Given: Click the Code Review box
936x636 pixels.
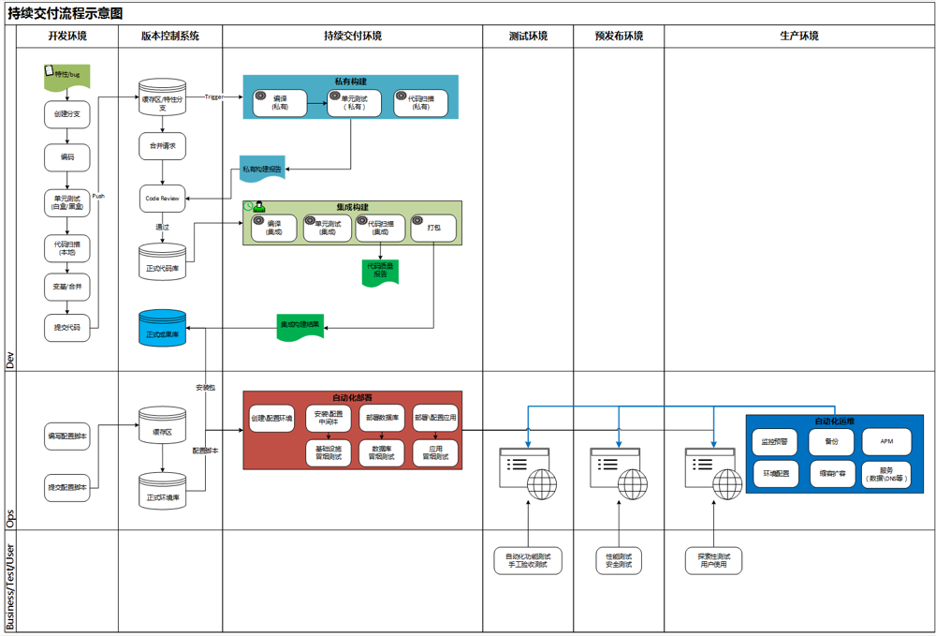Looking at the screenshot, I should pyautogui.click(x=163, y=198).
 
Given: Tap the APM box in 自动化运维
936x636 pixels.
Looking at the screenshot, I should pyautogui.click(x=886, y=441).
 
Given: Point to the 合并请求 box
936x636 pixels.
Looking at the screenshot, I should pyautogui.click(x=163, y=146).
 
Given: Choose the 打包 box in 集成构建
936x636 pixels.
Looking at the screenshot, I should pyautogui.click(x=433, y=228).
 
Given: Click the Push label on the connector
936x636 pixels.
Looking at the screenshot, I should pyautogui.click(x=99, y=196).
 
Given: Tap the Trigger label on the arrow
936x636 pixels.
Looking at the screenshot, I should pyautogui.click(x=214, y=96).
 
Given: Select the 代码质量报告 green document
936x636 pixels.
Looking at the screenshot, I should pyautogui.click(x=380, y=272).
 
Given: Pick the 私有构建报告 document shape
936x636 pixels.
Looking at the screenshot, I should pyautogui.click(x=262, y=170).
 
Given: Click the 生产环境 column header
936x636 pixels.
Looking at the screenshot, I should pyautogui.click(x=798, y=37).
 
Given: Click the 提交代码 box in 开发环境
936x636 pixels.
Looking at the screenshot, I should pyautogui.click(x=67, y=327).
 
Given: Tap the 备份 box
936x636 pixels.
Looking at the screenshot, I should pyautogui.click(x=831, y=441).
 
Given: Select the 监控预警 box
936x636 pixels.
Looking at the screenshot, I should pyautogui.click(x=775, y=441).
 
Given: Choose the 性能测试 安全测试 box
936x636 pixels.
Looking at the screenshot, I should pyautogui.click(x=618, y=560).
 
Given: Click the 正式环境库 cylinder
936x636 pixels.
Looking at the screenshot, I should pyautogui.click(x=163, y=492).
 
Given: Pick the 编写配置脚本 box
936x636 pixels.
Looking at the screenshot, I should pyautogui.click(x=67, y=436).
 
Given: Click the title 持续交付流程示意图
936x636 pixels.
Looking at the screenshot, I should pyautogui.click(x=66, y=13).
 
